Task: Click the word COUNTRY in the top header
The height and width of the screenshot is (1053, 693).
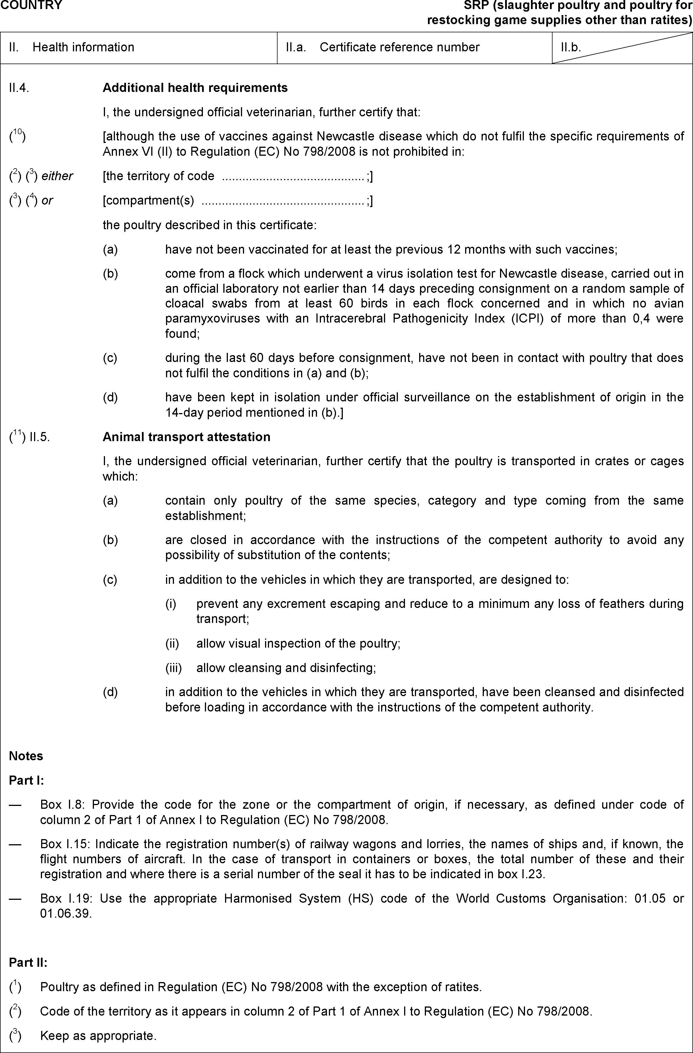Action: point(31,5)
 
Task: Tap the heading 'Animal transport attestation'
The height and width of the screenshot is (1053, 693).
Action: point(186,437)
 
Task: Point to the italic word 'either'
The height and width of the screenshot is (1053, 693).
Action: point(57,176)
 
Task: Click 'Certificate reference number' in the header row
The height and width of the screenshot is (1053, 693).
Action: point(399,47)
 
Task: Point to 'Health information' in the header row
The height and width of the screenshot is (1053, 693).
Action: point(83,47)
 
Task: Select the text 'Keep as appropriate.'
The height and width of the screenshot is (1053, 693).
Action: point(98,1036)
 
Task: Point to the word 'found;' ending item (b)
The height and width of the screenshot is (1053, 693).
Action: point(182,334)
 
